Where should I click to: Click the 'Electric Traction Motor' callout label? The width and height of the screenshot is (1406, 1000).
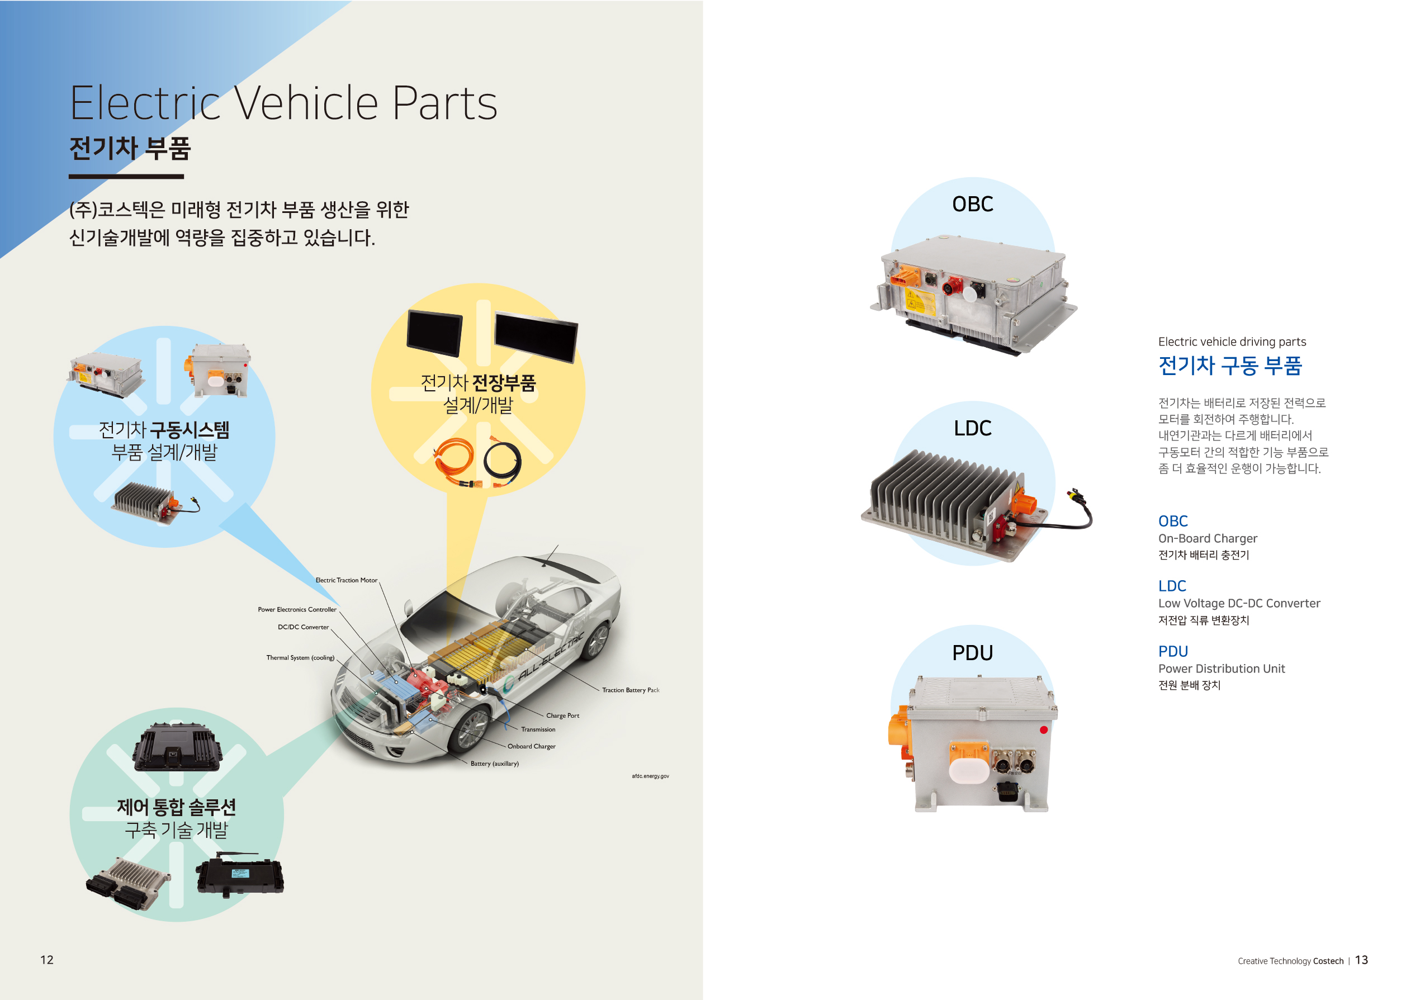tap(346, 580)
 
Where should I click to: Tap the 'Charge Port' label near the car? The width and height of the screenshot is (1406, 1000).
tap(562, 715)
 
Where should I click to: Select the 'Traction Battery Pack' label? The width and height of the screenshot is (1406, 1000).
tap(630, 690)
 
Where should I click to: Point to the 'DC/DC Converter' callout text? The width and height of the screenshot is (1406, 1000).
tap(303, 627)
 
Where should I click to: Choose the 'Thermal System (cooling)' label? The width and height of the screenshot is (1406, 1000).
tap(300, 658)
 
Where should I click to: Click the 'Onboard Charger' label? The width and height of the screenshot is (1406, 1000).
tap(531, 746)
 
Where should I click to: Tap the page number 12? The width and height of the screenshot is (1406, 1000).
tap(47, 960)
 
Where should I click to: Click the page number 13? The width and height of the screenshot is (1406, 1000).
tap(1361, 960)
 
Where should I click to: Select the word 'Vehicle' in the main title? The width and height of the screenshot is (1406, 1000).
tap(306, 103)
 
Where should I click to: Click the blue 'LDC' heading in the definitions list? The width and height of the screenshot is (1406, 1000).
tap(1171, 586)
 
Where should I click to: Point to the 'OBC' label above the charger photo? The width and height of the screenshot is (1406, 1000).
tap(972, 205)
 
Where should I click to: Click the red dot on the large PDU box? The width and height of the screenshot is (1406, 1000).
tap(1043, 730)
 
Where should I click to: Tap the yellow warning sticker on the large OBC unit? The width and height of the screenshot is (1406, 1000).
tap(920, 302)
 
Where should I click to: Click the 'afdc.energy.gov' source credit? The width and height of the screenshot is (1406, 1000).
tap(650, 776)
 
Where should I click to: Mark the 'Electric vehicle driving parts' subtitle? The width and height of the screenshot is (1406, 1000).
tap(1232, 342)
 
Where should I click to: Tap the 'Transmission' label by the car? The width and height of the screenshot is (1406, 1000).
tap(538, 729)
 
